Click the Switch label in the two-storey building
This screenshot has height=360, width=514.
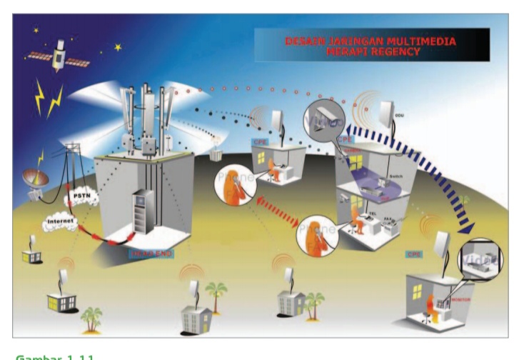pos(397,176)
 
